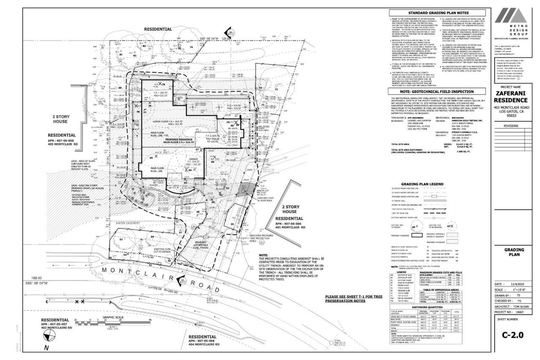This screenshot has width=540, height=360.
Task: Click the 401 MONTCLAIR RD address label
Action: pyautogui.click(x=290, y=227)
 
